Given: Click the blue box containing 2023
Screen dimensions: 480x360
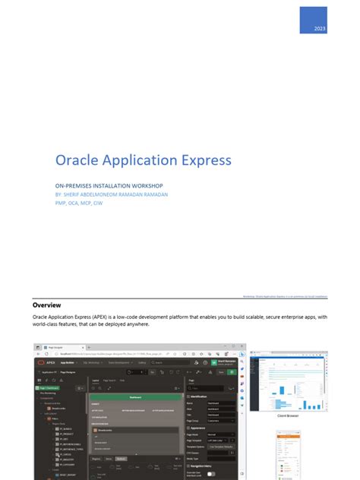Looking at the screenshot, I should tap(312, 20).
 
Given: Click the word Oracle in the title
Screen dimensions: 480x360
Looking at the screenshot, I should tap(79, 160).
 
